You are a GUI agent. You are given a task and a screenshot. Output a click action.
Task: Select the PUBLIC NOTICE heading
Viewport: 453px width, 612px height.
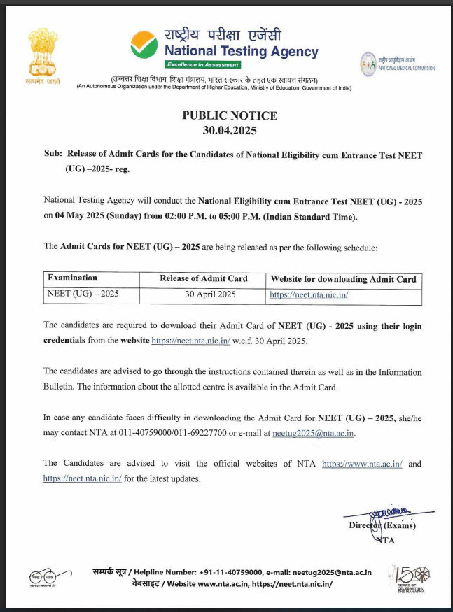point(230,115)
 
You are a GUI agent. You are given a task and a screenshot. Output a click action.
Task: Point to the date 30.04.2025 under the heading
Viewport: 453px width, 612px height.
point(230,130)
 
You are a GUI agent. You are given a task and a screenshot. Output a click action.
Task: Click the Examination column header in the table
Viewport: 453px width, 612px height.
point(73,278)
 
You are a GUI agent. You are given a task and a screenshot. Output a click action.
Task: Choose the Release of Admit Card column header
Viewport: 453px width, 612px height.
point(203,278)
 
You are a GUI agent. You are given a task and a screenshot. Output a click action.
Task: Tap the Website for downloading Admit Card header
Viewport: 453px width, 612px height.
point(343,279)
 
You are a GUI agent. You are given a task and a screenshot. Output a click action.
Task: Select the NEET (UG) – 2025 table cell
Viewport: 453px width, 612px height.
point(83,294)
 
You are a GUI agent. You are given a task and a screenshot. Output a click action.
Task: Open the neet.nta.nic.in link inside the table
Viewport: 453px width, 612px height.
point(309,295)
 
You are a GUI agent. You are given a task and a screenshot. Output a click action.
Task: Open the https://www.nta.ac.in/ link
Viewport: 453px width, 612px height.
point(362,464)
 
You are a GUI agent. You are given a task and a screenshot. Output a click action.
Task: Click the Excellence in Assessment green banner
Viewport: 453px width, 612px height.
point(197,64)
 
